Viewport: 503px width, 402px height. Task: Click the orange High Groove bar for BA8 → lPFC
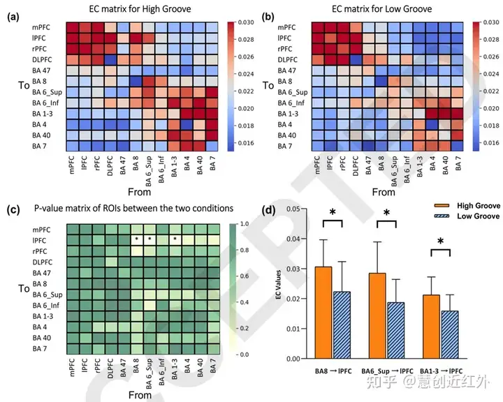[x=323, y=312]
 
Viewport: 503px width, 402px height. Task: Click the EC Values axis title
[x=277, y=284]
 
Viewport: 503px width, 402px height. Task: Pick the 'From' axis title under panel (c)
[x=140, y=395]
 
